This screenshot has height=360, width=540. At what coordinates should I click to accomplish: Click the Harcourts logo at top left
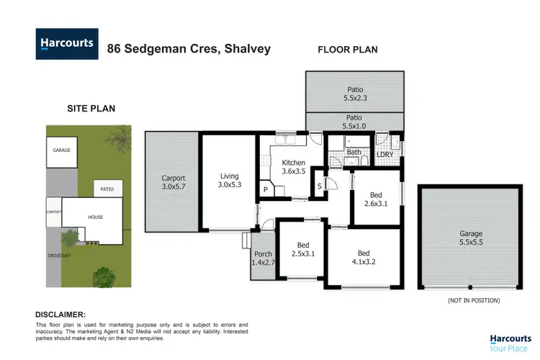pyautogui.click(x=66, y=43)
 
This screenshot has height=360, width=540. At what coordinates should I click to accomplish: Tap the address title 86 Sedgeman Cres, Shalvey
pyautogui.click(x=189, y=49)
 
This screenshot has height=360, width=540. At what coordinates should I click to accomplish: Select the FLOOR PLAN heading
pyautogui.click(x=348, y=49)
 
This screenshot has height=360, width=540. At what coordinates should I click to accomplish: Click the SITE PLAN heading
pyautogui.click(x=91, y=108)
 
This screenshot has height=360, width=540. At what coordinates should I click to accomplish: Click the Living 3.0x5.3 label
pyautogui.click(x=229, y=181)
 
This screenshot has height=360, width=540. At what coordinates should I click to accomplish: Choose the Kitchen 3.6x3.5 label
pyautogui.click(x=293, y=167)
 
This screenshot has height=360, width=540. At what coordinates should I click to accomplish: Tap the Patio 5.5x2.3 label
pyautogui.click(x=354, y=94)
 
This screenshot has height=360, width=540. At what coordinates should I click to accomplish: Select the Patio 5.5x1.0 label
pyautogui.click(x=354, y=121)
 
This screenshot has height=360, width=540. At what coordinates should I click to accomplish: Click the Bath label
pyautogui.click(x=354, y=152)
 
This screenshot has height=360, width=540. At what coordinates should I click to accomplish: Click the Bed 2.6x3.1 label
pyautogui.click(x=376, y=199)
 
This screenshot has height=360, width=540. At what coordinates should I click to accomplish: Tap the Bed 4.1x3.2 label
pyautogui.click(x=364, y=258)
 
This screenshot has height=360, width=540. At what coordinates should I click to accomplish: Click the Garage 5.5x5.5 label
pyautogui.click(x=472, y=238)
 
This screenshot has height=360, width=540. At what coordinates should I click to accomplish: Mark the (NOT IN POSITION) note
pyautogui.click(x=473, y=300)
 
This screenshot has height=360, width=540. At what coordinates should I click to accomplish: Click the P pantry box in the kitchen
pyautogui.click(x=266, y=190)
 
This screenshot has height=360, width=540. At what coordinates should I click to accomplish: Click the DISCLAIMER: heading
pyautogui.click(x=61, y=315)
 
